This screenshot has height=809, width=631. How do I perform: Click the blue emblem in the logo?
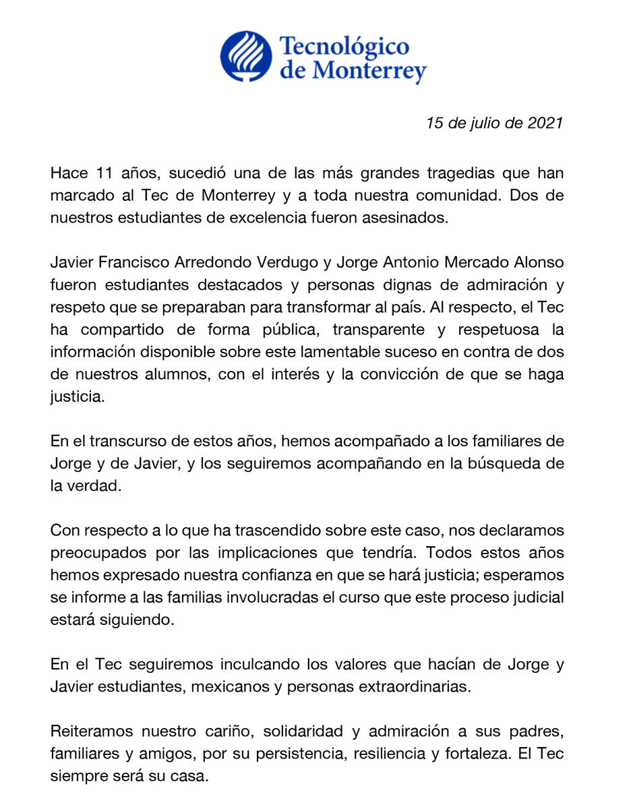(246, 58)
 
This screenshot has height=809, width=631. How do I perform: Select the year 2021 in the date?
(543, 124)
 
